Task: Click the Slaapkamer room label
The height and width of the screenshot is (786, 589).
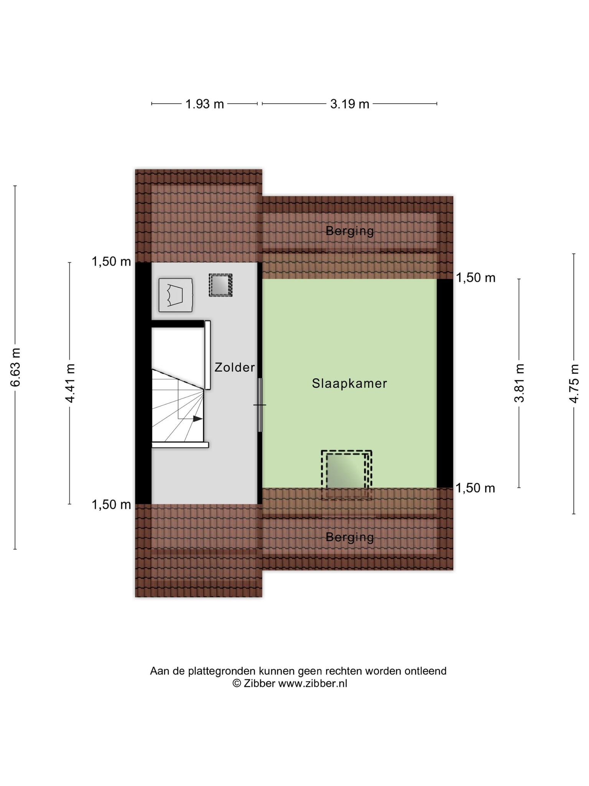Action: click(x=349, y=383)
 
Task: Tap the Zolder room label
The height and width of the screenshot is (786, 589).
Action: click(x=235, y=368)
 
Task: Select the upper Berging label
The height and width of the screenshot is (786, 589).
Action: click(x=350, y=231)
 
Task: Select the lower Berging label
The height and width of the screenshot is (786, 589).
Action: click(x=350, y=537)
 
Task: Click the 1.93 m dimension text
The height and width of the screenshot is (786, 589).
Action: click(x=205, y=104)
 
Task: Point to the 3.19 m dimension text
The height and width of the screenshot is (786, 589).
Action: click(x=350, y=104)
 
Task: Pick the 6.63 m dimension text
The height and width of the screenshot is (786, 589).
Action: click(x=15, y=367)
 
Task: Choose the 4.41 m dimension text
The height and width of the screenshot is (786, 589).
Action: click(x=70, y=383)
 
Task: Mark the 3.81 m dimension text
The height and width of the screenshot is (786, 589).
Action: click(x=519, y=383)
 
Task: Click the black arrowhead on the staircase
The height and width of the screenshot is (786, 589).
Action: click(x=197, y=419)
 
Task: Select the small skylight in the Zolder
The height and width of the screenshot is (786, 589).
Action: click(x=220, y=285)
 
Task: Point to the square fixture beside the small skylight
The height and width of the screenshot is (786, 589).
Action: click(x=176, y=295)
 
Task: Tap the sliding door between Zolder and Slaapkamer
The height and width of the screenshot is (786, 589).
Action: click(x=260, y=405)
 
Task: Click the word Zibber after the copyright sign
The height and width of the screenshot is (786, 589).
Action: click(x=259, y=684)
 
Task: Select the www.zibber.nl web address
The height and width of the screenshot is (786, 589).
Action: click(x=313, y=684)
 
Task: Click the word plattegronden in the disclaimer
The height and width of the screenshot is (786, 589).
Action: click(x=222, y=671)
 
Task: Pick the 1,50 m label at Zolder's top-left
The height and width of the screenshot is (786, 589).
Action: click(x=111, y=262)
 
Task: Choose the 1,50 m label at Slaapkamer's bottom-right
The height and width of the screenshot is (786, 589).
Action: click(x=475, y=488)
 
